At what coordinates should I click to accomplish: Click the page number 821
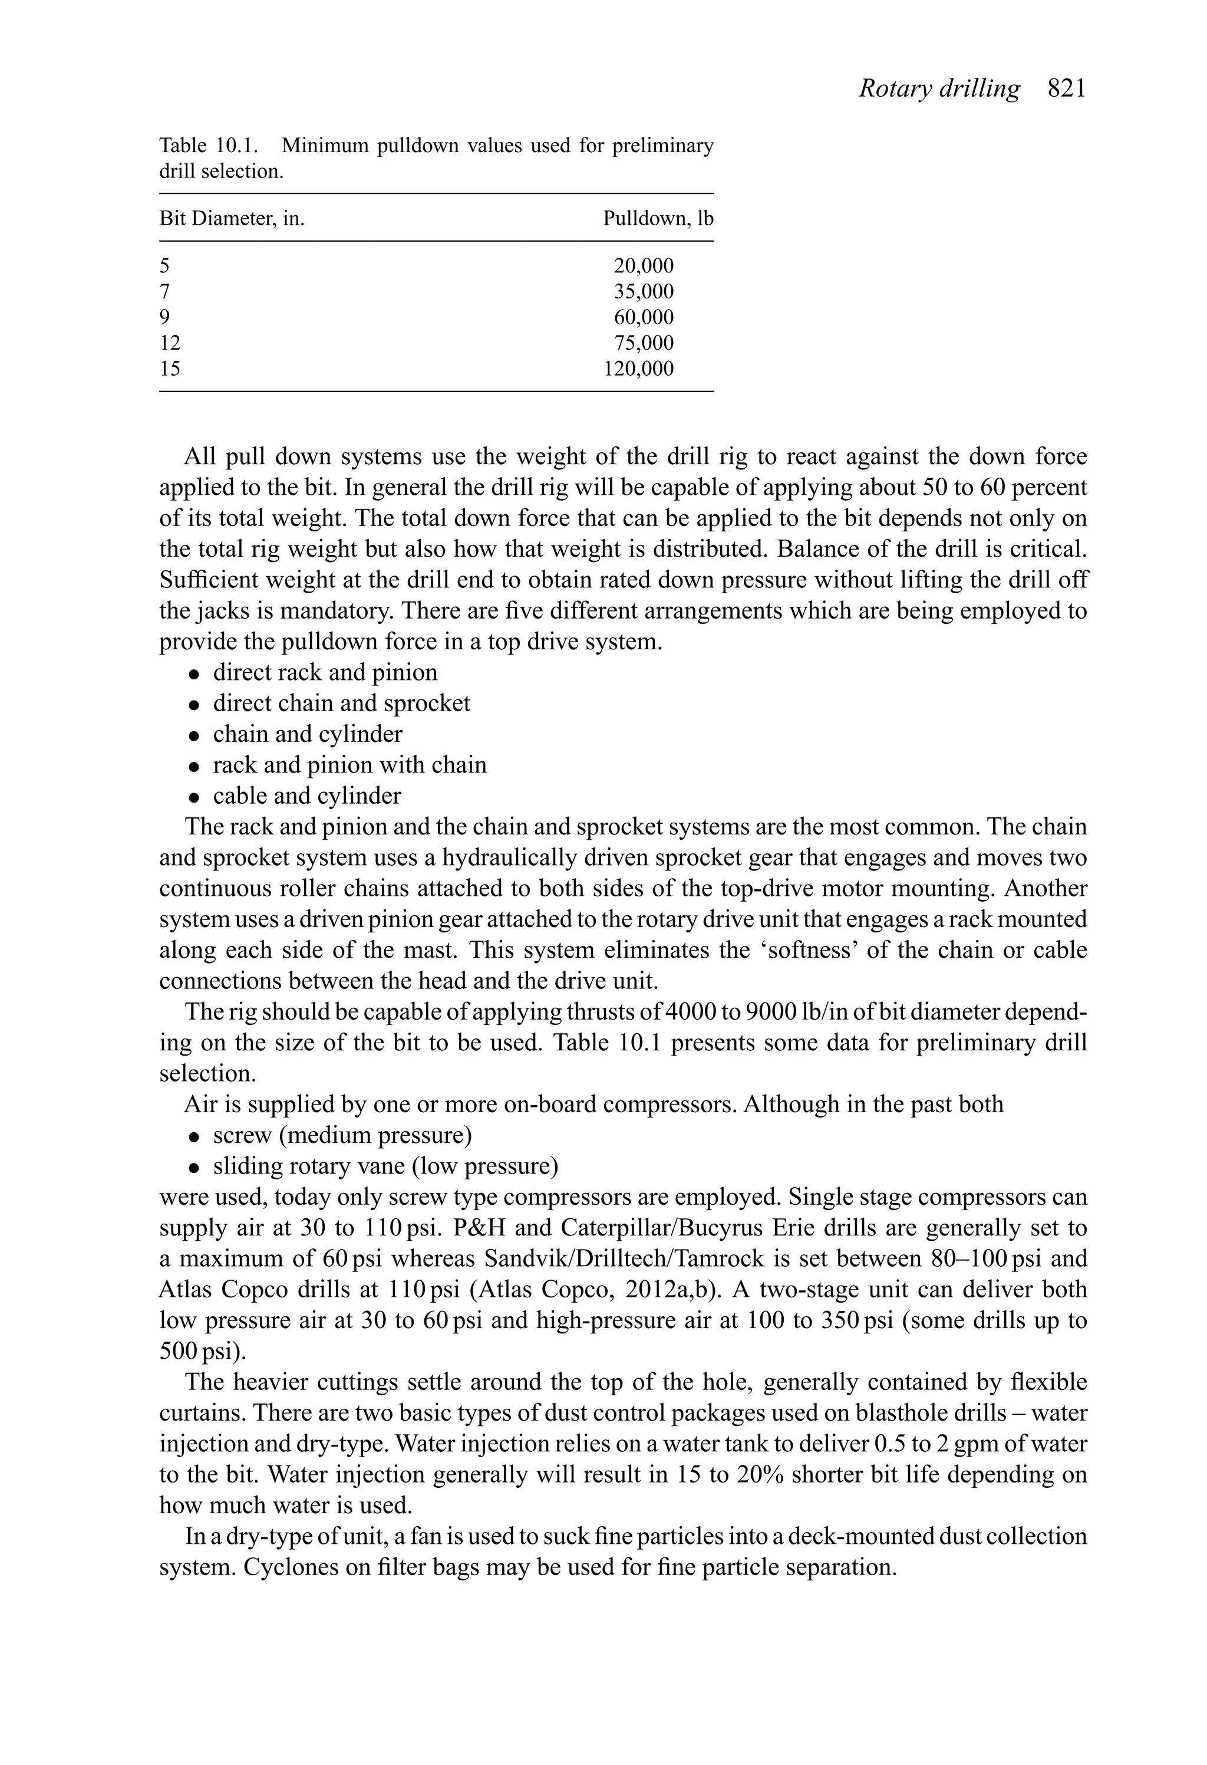pos(1067,89)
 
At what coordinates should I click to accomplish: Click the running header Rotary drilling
pos(939,89)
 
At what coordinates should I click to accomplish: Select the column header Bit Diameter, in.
pos(232,219)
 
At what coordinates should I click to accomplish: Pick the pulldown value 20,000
pos(643,266)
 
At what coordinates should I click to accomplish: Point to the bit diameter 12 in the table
pos(170,343)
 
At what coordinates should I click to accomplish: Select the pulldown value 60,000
pos(643,317)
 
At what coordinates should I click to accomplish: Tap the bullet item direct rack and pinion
pos(325,673)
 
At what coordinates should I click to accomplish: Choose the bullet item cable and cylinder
pos(306,796)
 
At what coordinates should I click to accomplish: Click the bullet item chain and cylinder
pos(308,734)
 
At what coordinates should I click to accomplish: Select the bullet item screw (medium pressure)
pos(342,1135)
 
